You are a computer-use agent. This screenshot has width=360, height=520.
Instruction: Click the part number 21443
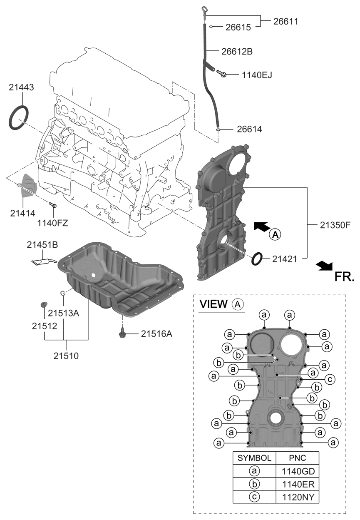tap(22, 87)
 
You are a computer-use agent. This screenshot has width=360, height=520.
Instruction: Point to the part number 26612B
tap(237, 52)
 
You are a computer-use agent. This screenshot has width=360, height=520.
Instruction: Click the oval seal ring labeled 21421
tap(257, 259)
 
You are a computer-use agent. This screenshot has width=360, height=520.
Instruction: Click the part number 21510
tap(66, 356)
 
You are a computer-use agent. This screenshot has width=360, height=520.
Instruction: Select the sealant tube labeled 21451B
tap(42, 261)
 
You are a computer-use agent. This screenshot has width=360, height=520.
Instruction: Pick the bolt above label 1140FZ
tap(52, 205)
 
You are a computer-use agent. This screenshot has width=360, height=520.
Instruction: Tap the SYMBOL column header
tap(254, 458)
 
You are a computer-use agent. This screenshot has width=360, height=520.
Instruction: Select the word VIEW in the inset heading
tap(214, 304)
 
